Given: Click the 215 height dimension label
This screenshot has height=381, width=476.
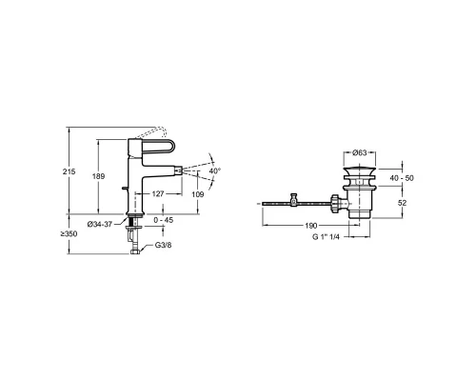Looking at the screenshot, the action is pos(69,171).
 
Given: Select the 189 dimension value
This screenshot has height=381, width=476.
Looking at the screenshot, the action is pos(98,176).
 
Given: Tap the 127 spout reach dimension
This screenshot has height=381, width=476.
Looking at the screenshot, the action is pos(158,193).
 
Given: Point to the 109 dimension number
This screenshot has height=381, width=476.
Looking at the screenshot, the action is pos(198,194).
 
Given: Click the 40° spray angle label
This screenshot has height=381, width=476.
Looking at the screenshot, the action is pos(215,170).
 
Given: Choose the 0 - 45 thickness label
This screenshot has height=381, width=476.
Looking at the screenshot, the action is pos(164,220).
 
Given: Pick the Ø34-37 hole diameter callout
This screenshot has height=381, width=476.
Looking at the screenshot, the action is pos(100,224).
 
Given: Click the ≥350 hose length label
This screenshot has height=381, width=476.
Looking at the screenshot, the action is pos(69,234).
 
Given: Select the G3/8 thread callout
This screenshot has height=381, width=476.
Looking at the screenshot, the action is pos(163,245).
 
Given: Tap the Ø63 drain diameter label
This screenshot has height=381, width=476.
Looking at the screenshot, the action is pos(360,153).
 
